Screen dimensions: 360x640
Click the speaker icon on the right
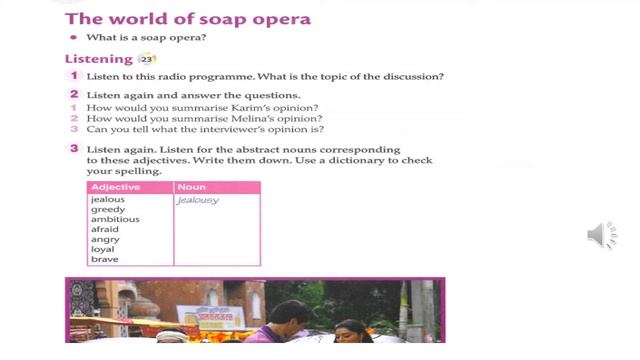point(601,235)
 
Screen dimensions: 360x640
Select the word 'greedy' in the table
point(107,209)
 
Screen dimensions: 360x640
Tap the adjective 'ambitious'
point(114,219)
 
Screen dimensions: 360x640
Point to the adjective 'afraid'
point(104,229)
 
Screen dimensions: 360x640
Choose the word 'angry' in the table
point(104,239)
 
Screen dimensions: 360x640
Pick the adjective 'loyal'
point(102,249)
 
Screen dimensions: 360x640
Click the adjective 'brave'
point(104,259)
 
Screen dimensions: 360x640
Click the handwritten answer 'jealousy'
point(197,200)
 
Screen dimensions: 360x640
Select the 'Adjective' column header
point(116,187)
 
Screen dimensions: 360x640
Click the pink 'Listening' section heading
point(98,59)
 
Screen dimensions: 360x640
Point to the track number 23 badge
point(148,59)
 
